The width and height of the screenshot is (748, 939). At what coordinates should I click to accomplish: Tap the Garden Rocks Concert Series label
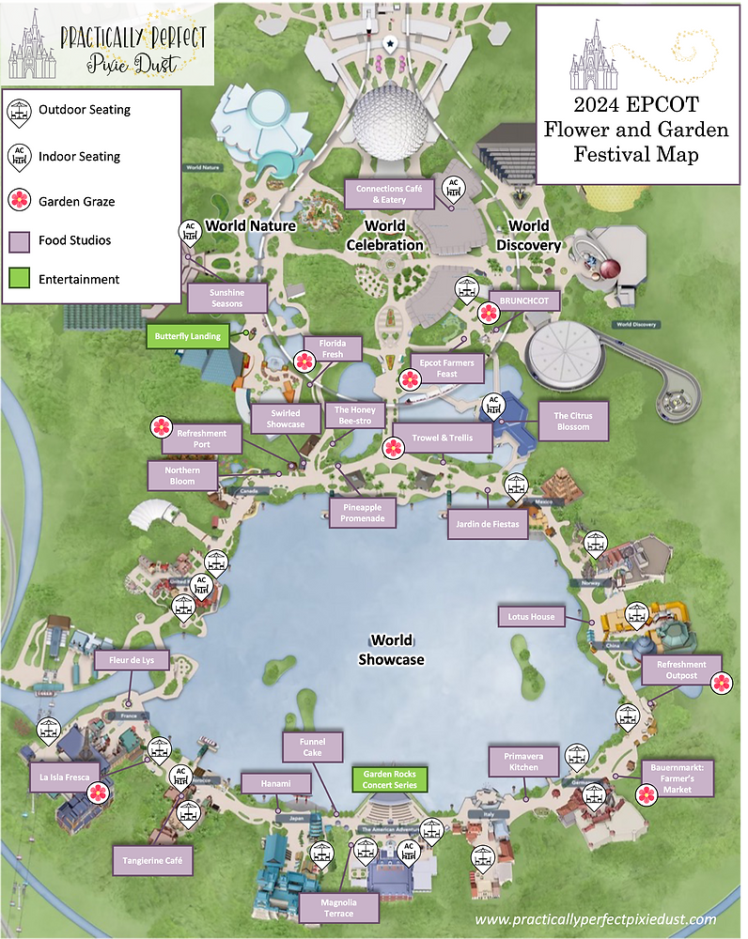(389, 779)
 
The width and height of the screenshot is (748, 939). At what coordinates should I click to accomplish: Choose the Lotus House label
(531, 617)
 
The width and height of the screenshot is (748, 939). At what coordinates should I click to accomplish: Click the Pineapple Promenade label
(362, 513)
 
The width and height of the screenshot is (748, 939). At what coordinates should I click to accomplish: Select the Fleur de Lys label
(132, 661)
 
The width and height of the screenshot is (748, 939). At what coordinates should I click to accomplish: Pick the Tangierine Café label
(152, 858)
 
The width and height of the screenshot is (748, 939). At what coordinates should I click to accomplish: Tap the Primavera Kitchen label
(524, 761)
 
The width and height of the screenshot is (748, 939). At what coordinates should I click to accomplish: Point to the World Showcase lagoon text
(391, 650)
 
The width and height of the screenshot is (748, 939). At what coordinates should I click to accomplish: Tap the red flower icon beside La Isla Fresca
(98, 793)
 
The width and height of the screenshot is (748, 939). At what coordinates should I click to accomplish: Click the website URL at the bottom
(596, 919)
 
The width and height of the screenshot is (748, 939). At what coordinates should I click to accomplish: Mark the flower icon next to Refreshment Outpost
(720, 683)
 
